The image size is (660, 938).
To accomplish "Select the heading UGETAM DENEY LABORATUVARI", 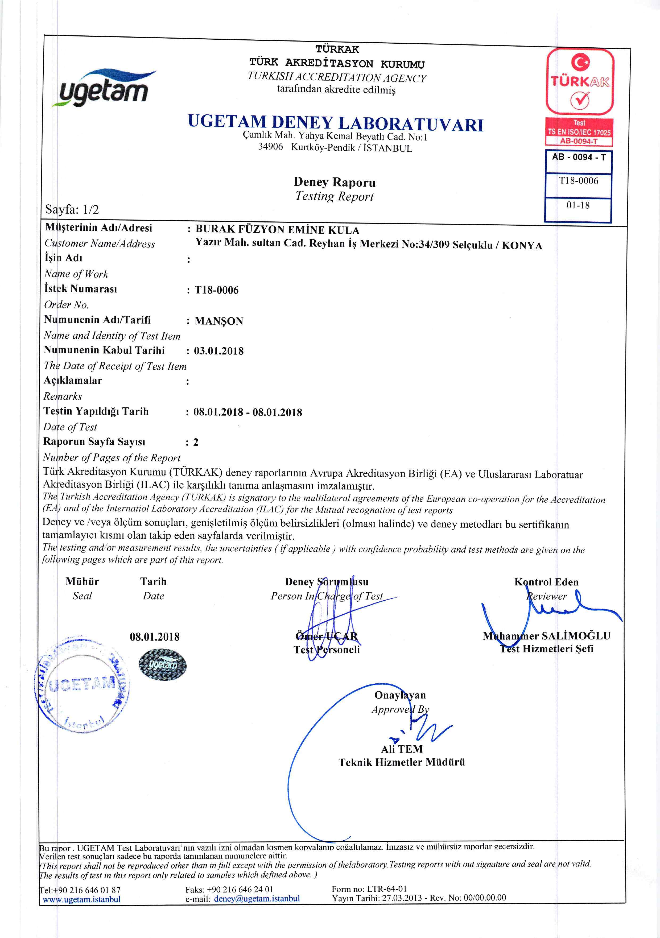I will pos(335,123).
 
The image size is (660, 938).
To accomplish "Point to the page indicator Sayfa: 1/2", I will pos(72,210).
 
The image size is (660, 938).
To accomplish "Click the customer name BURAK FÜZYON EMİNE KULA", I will pos(277,230).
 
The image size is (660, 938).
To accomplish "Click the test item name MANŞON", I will pos(219,321).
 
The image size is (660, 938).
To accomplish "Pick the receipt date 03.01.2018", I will pos(219,351).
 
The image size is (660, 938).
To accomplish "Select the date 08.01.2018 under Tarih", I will pos(154,637).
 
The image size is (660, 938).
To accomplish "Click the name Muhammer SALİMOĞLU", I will pos(546,636).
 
